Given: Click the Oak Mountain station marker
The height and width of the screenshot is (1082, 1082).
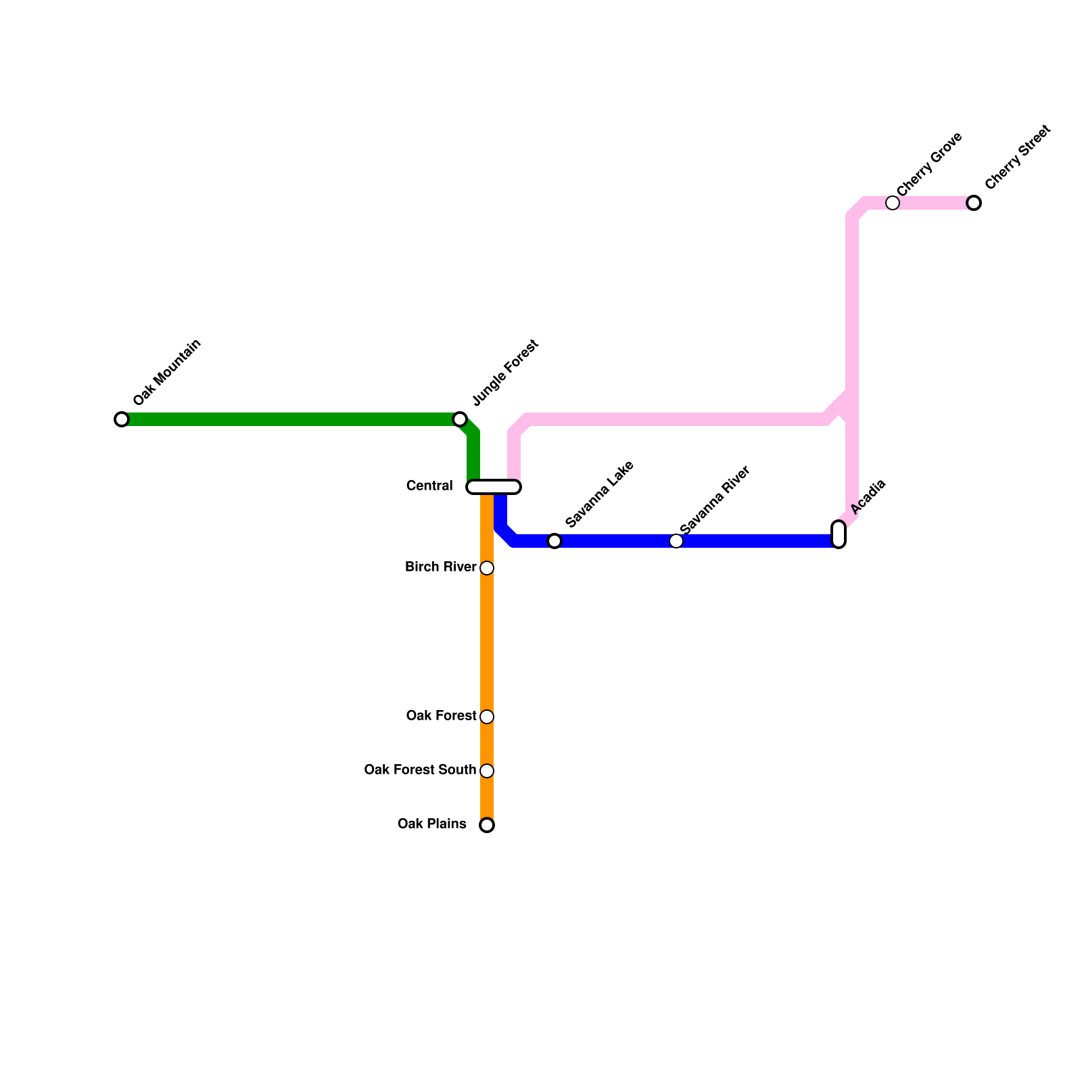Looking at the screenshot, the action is [122, 419].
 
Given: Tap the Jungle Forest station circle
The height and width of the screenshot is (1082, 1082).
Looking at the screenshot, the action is [460, 419].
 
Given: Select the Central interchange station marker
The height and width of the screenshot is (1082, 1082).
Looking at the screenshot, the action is [494, 487].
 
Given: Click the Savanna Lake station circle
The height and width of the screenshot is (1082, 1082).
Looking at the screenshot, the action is [555, 541].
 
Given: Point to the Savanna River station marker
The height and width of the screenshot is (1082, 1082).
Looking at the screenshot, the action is [676, 541].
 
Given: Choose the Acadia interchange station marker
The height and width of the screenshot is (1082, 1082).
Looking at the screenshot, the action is [839, 534].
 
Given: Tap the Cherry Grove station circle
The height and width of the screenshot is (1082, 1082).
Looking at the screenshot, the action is [893, 203].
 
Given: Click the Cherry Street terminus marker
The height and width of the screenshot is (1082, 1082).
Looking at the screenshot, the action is [974, 203].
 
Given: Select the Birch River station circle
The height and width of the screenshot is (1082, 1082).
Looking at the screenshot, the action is [487, 568].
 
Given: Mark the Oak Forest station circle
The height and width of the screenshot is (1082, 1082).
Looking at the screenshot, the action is [487, 717].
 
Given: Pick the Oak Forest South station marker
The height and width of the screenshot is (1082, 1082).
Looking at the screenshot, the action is [487, 771].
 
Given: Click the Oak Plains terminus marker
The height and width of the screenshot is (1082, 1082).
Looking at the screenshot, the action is [487, 825].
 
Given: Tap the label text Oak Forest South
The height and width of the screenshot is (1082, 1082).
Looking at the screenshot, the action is [420, 770].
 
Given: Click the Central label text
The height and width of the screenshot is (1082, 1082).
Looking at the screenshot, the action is [429, 486].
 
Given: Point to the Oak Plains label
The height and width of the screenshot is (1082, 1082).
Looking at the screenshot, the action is [432, 824].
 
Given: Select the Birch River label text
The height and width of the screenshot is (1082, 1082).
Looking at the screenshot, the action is [441, 567].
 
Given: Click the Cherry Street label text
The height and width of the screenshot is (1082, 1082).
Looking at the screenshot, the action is [1018, 158].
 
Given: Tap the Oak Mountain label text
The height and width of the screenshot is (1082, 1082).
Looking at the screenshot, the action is [167, 372].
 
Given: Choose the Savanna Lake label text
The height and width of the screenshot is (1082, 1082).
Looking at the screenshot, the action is [599, 494].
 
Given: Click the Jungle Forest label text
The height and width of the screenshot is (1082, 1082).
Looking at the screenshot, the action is [505, 372].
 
